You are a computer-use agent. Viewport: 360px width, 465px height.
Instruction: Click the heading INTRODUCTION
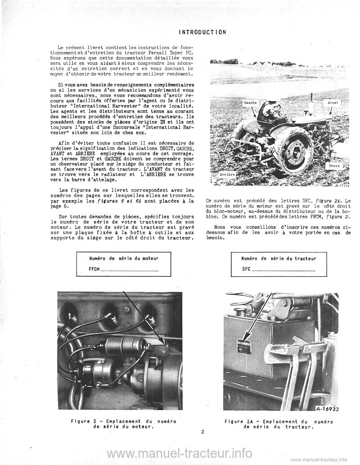coord(202,32)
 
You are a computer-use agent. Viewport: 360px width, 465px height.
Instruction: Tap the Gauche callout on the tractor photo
coord(250,103)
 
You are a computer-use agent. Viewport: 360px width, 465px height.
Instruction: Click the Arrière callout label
coord(227,173)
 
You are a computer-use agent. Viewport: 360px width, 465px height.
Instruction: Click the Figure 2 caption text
coord(123,424)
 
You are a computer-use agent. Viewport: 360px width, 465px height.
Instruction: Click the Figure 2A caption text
coord(278,424)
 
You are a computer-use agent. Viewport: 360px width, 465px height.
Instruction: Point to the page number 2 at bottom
coord(203,432)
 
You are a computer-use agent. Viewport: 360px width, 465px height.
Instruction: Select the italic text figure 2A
coord(327,200)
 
